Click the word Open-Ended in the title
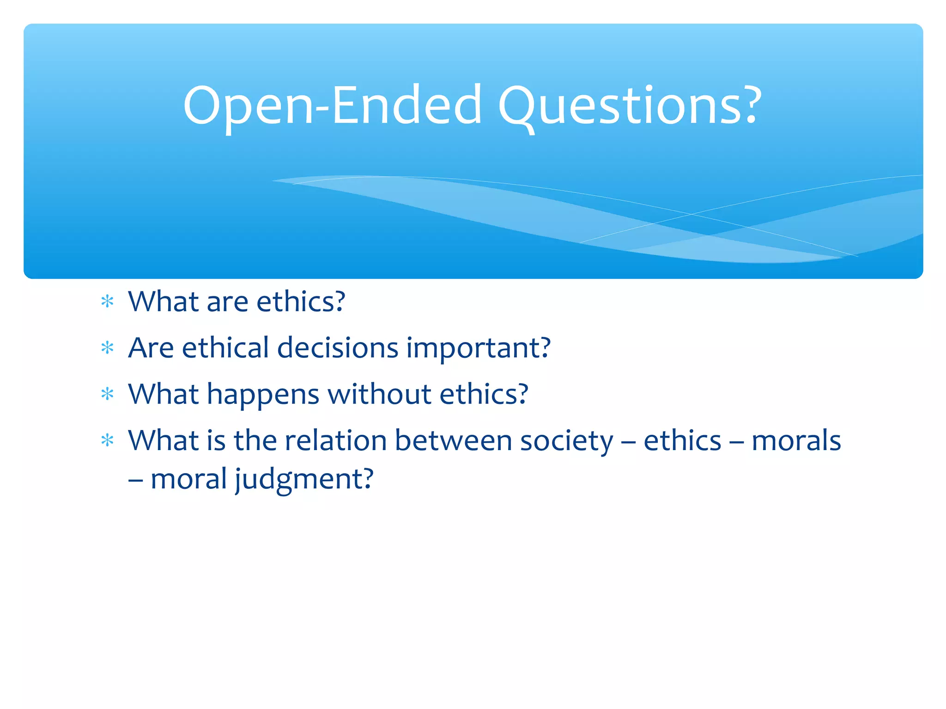[x=333, y=106]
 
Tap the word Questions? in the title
[x=629, y=106]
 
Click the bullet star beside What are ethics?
[x=107, y=302]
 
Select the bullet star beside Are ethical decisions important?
[x=107, y=348]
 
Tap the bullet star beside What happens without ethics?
[x=107, y=394]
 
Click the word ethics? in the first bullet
[x=301, y=302]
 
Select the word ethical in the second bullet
[x=225, y=348]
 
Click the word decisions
[x=337, y=348]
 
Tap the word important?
[x=478, y=348]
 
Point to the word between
[x=453, y=440]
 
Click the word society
[x=567, y=441]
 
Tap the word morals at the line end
[x=796, y=440]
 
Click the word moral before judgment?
[x=188, y=479]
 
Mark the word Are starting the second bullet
[x=151, y=348]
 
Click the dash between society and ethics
[x=628, y=441]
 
